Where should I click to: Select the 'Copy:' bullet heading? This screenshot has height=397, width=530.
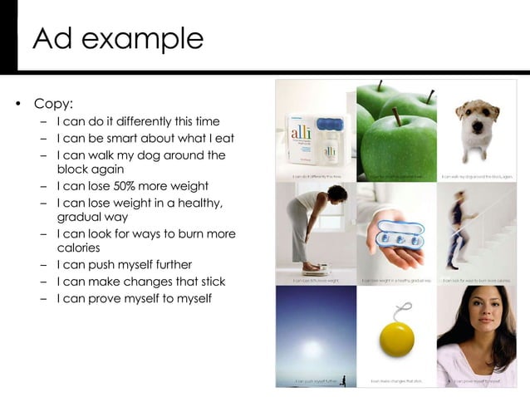(53, 104)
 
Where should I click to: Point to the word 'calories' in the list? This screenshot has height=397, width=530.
(78, 248)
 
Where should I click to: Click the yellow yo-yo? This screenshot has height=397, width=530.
(396, 338)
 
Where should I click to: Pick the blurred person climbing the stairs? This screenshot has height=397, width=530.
(459, 233)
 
